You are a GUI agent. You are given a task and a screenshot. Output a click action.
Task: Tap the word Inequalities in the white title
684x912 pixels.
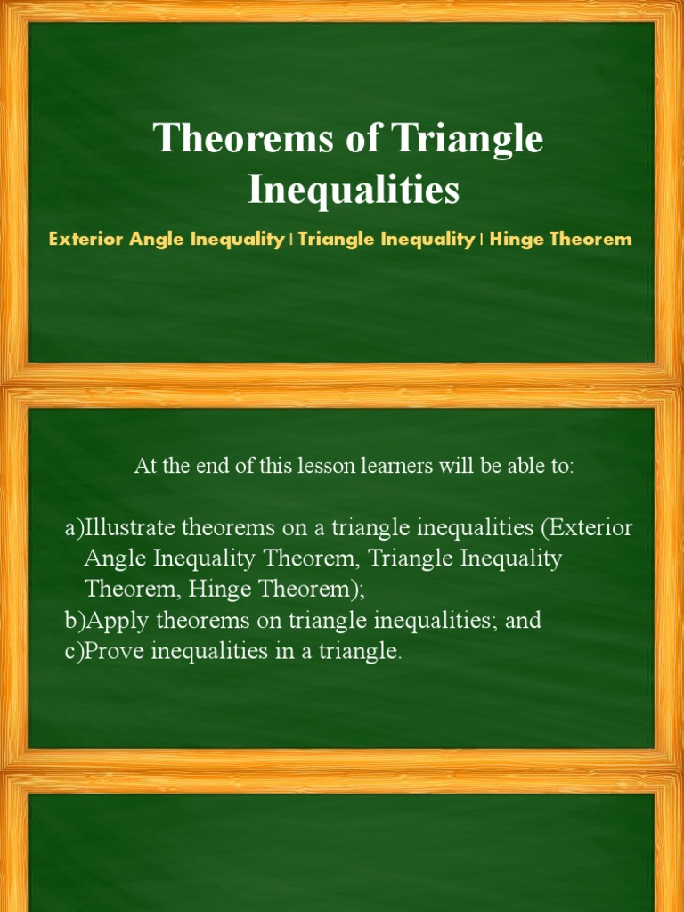click(x=354, y=190)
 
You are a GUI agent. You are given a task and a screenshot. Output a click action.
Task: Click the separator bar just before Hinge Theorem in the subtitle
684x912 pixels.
click(x=482, y=240)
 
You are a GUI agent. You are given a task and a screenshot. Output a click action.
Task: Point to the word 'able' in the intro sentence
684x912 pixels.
click(x=513, y=466)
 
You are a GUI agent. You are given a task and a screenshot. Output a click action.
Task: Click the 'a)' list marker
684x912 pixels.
click(x=74, y=528)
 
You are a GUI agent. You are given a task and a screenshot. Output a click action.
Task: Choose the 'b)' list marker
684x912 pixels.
click(x=74, y=621)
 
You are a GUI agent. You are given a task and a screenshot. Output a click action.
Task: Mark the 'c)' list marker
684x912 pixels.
click(x=74, y=651)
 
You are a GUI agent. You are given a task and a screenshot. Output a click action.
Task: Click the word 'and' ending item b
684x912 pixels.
click(x=524, y=621)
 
